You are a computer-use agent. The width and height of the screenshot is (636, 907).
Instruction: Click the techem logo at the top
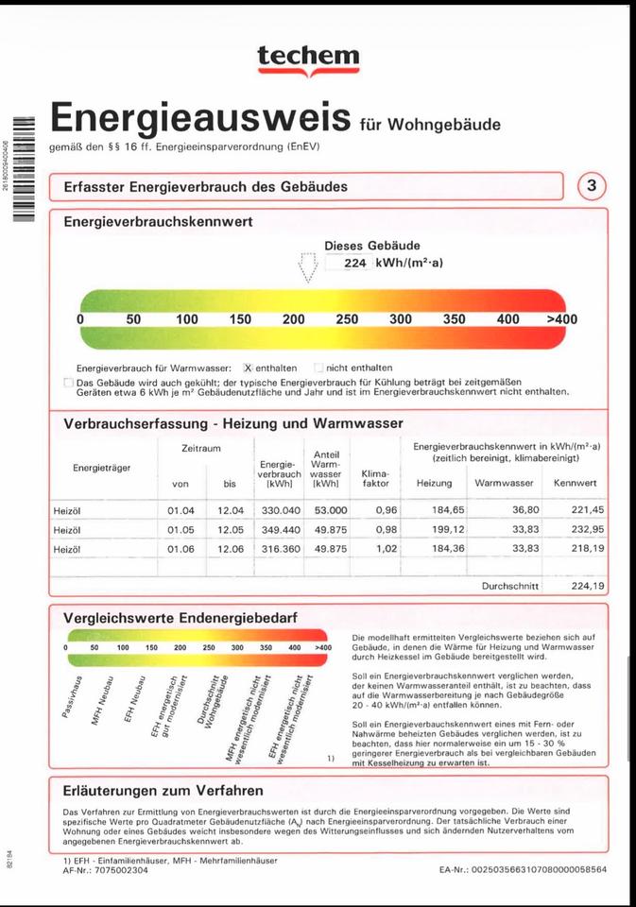[x=308, y=60]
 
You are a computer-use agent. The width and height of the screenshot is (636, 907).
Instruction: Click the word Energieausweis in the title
[x=200, y=117]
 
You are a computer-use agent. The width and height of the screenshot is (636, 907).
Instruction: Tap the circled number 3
[x=592, y=186]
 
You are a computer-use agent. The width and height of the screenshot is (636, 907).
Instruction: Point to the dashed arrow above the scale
[x=306, y=266]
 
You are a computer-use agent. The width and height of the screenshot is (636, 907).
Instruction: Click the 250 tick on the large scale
[x=347, y=319]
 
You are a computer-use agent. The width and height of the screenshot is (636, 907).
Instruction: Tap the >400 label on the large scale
[x=561, y=319]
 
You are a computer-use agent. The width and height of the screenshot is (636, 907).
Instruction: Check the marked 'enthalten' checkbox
[x=249, y=368]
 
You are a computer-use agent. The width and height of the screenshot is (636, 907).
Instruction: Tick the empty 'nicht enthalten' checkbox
[x=318, y=368]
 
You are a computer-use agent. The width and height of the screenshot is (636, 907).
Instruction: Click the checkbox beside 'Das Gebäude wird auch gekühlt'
[x=68, y=382]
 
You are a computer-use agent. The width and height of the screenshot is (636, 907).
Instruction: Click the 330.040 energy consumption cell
[x=280, y=510]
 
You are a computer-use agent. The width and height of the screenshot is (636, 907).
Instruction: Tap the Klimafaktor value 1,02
[x=387, y=548]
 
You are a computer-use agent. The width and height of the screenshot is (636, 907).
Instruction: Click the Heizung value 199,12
[x=434, y=529]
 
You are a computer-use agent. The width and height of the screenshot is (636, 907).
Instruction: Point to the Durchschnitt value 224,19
[x=586, y=585]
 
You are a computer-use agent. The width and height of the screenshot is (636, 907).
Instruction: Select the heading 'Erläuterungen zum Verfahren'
[x=163, y=790]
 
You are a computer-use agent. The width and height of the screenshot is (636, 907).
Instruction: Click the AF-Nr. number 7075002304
[x=123, y=870]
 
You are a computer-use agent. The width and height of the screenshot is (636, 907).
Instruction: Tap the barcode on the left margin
[x=23, y=168]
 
